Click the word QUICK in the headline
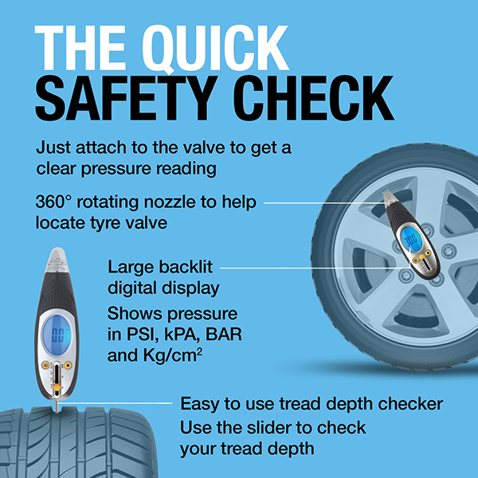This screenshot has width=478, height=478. (215, 49)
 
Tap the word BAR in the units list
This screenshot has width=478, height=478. (224, 335)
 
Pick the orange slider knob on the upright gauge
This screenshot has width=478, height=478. (57, 387)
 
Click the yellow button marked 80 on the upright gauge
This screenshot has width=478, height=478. (46, 365)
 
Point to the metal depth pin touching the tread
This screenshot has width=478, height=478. (57, 406)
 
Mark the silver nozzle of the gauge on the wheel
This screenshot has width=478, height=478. (388, 198)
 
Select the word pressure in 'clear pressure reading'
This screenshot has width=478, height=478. (116, 169)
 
